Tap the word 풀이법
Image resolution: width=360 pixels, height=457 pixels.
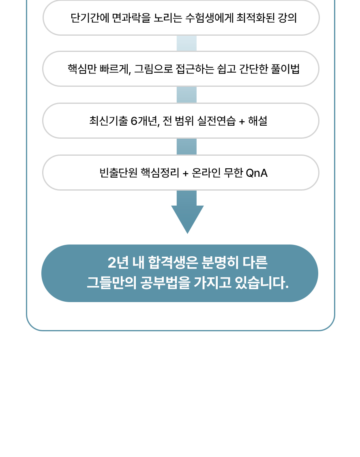coord(285,69)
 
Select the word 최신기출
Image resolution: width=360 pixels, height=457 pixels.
coord(108,121)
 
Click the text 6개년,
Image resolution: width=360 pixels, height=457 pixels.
coord(145,121)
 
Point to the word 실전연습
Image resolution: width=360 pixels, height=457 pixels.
coord(216,121)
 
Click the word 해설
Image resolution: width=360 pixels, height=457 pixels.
coord(258,121)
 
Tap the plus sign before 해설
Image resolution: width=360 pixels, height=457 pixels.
coord(242,121)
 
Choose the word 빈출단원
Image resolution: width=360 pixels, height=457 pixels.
coord(118,173)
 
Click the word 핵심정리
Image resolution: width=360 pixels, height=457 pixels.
coord(160,173)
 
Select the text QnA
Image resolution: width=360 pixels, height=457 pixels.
coord(257,173)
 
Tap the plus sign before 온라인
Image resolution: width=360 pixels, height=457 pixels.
coord(186,174)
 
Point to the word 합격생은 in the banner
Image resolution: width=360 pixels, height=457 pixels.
coord(173,262)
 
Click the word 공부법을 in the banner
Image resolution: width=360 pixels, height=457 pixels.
coord(165,282)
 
